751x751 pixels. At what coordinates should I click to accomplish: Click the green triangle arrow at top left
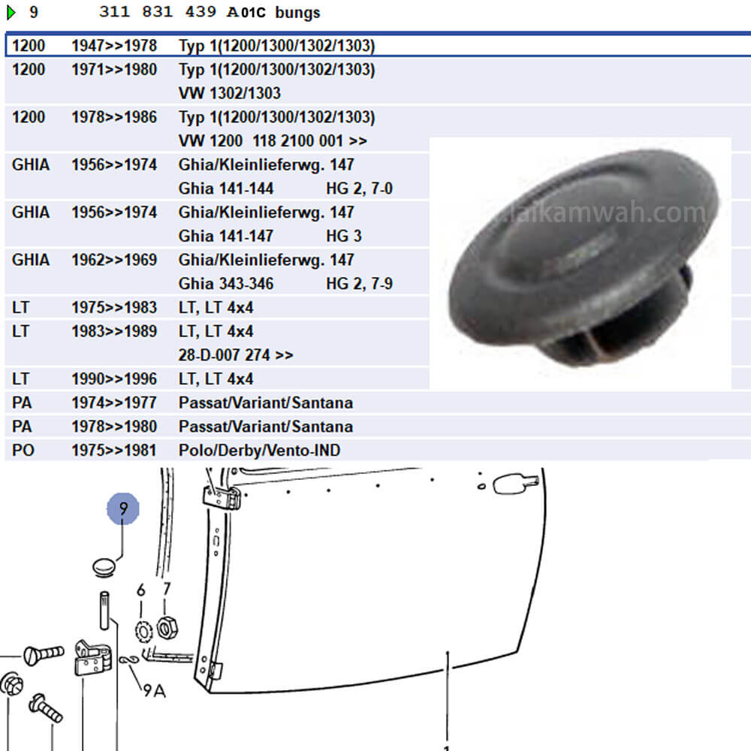(x=11, y=13)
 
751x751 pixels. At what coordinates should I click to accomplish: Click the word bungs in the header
(x=297, y=13)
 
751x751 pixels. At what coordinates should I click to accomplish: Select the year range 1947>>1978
(x=114, y=46)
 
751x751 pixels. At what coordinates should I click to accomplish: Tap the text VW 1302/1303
(x=229, y=93)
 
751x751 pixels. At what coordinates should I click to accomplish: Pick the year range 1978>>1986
(x=114, y=117)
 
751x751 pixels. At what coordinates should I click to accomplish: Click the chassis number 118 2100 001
(x=297, y=141)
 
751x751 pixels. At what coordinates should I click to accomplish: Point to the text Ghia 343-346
(x=225, y=284)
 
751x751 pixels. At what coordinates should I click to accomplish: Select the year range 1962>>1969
(x=114, y=260)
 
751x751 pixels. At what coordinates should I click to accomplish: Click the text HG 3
(x=343, y=236)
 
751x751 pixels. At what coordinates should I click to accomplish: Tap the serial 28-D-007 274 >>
(x=236, y=355)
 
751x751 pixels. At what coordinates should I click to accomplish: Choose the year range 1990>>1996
(x=114, y=379)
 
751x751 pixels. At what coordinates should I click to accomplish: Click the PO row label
(x=23, y=450)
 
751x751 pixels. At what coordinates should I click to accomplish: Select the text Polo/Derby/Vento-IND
(x=259, y=450)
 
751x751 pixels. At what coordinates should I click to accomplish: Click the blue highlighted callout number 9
(x=123, y=508)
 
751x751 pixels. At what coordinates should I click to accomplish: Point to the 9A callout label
(x=154, y=691)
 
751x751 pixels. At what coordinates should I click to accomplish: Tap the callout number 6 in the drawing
(x=141, y=590)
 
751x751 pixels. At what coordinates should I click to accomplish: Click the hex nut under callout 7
(x=167, y=628)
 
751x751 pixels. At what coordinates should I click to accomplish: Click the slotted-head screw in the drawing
(x=43, y=655)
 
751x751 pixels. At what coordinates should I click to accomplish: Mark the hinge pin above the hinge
(x=104, y=610)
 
